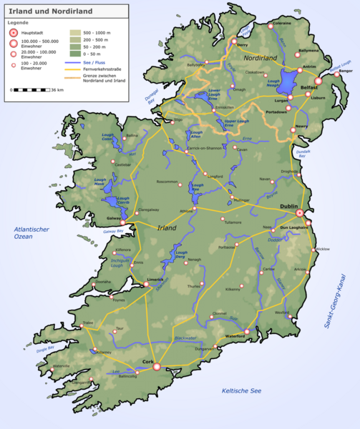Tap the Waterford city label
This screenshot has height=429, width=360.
point(235,337)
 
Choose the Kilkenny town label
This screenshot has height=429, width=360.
point(233,290)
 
